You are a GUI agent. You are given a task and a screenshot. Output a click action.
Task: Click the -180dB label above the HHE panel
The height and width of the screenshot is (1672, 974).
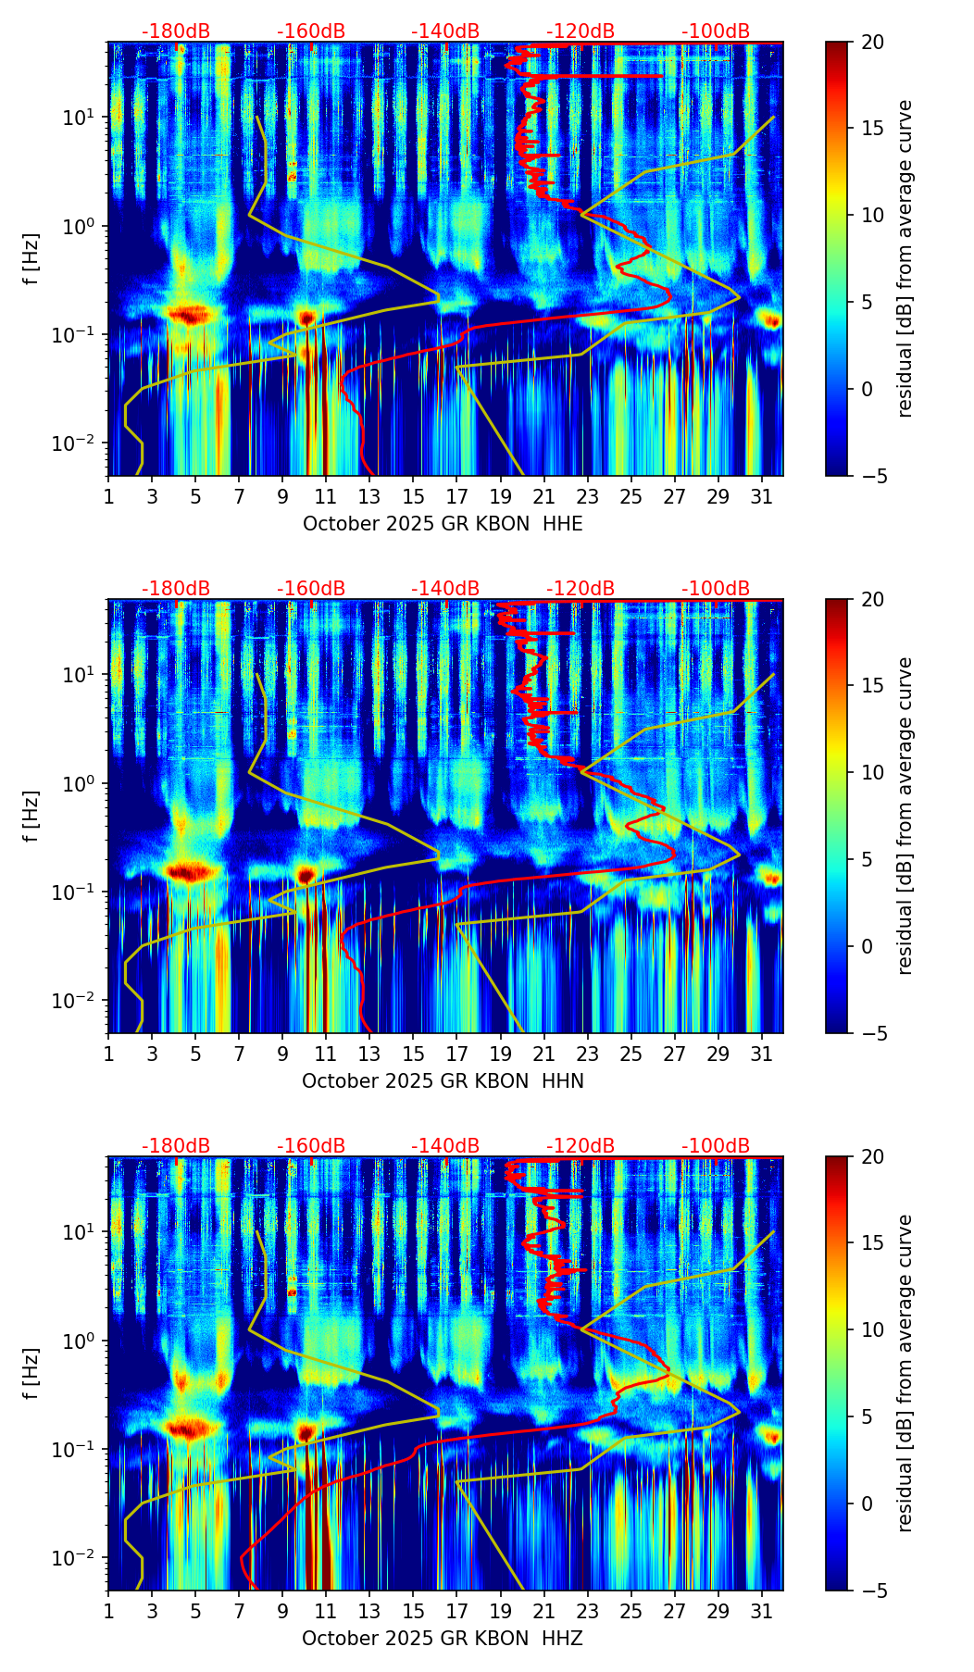pos(176,31)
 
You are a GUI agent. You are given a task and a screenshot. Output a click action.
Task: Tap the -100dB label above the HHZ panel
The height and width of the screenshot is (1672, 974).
pos(716,1146)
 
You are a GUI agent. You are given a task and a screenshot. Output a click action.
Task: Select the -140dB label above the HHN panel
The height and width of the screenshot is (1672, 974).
pos(445,589)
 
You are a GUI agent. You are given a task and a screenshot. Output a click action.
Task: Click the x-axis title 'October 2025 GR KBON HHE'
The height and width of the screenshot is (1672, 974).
pos(443,524)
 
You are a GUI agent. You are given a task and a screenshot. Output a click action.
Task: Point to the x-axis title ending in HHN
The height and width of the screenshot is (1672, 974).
pos(443,1081)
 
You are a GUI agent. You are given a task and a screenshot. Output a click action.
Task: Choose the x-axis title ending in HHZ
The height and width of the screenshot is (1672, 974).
pos(443,1639)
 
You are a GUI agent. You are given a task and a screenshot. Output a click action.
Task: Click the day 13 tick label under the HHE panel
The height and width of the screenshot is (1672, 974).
pos(369,496)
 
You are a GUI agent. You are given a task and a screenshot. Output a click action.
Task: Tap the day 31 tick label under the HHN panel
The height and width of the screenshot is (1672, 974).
pos(762,1054)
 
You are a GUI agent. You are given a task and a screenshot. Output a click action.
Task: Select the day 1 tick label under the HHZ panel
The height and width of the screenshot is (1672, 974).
pos(108,1611)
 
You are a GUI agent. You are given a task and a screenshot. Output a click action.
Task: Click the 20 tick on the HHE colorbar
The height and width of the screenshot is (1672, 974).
pos(872,43)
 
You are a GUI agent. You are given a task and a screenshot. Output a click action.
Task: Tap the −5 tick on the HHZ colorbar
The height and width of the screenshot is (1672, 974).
pos(872,1591)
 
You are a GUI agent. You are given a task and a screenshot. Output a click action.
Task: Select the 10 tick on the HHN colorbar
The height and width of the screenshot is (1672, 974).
pos(872,772)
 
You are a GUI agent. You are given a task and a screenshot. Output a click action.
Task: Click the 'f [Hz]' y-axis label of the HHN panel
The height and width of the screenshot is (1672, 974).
pos(31,816)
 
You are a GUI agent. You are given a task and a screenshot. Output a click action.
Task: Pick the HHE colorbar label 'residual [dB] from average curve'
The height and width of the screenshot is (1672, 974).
pos(905,258)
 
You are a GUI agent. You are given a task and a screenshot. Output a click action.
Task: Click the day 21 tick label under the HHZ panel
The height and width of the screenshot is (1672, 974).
pos(543,1611)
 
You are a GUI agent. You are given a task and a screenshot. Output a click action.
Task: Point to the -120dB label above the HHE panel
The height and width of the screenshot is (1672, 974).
pos(581,31)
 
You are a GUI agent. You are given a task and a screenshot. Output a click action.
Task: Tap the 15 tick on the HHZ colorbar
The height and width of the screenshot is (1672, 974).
pos(872,1243)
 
